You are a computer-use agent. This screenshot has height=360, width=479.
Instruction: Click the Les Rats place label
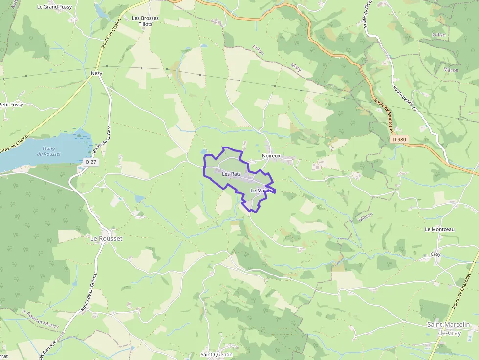(232, 174)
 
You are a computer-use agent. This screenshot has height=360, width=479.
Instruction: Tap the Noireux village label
(271, 156)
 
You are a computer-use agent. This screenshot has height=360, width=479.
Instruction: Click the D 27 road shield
(90, 162)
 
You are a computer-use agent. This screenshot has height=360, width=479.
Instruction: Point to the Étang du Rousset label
(49, 151)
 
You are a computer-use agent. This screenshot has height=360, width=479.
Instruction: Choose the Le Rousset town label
(106, 238)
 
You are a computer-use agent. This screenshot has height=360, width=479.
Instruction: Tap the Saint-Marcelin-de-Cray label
(449, 328)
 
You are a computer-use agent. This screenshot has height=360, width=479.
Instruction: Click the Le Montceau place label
(440, 229)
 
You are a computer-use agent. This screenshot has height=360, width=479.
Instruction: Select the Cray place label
(435, 254)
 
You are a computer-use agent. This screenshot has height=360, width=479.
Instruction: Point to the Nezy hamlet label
(96, 73)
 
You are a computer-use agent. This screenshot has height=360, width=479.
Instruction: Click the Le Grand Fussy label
(54, 7)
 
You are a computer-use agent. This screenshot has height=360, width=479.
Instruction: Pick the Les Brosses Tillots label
(146, 21)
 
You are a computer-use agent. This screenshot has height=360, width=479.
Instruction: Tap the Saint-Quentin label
(217, 354)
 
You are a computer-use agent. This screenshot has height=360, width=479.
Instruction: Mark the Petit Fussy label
(11, 104)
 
